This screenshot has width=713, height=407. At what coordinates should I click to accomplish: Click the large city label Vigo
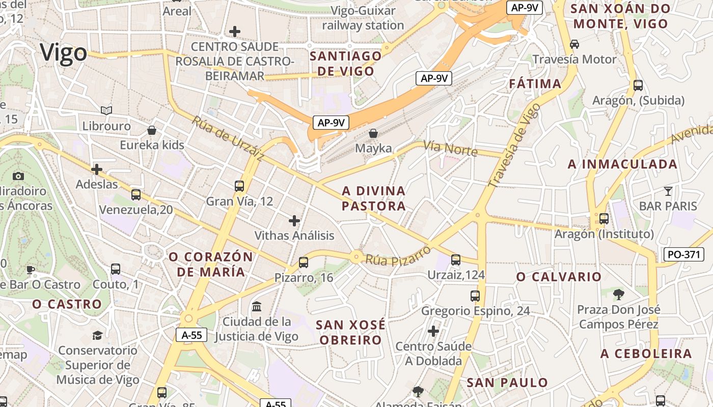[x=64, y=53]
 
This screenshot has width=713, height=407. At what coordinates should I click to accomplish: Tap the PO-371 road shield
[x=683, y=254]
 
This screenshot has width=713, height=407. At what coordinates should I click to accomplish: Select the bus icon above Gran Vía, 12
[x=239, y=186]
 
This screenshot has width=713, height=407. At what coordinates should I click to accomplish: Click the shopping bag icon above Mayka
[x=373, y=133]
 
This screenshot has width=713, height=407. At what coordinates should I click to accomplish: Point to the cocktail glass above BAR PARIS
[x=668, y=191]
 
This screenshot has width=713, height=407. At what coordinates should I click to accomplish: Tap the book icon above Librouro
[x=106, y=110]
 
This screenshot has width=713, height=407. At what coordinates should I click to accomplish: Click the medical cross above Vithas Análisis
[x=294, y=221]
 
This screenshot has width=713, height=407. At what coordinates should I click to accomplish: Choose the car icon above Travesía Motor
[x=574, y=44]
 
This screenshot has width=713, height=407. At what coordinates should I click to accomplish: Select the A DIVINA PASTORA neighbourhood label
[x=374, y=198]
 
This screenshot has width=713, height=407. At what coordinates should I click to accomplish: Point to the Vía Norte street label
[x=450, y=149]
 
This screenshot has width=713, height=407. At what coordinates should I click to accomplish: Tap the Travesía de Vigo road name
[x=514, y=146]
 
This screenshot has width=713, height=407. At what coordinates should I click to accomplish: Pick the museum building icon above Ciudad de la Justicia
[x=257, y=307]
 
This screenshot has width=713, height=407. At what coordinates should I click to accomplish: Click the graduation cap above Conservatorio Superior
[x=97, y=335]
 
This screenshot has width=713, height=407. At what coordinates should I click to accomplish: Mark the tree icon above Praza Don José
[x=619, y=294]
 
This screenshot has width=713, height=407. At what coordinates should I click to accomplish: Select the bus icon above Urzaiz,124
[x=456, y=260]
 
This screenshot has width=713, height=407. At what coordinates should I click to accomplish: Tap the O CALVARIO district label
[x=559, y=277]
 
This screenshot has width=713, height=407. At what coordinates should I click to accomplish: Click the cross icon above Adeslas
[x=96, y=169]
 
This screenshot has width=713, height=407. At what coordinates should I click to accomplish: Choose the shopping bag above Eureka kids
[x=151, y=130]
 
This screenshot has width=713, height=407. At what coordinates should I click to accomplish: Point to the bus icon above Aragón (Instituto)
[x=604, y=219]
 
